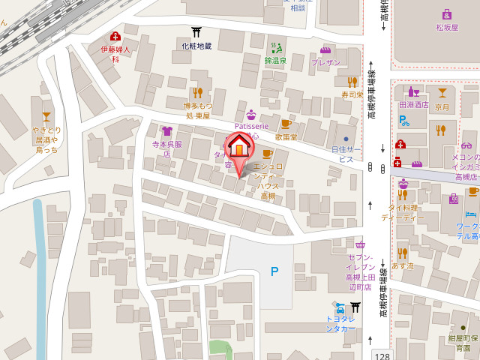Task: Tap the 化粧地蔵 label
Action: (x=196, y=46)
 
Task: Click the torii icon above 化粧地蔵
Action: (x=196, y=32)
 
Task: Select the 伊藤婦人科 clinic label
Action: (x=115, y=54)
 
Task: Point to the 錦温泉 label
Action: (x=275, y=60)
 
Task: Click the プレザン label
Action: (x=326, y=63)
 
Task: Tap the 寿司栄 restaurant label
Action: (x=352, y=95)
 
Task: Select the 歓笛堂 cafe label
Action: (x=286, y=137)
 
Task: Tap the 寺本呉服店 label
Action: (x=163, y=148)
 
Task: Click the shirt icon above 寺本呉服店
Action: (x=166, y=132)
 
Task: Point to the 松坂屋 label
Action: (x=446, y=27)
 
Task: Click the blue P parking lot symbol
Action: (x=274, y=271)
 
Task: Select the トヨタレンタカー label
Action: (x=340, y=323)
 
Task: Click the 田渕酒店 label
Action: (x=414, y=105)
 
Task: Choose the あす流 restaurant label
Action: (x=402, y=266)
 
